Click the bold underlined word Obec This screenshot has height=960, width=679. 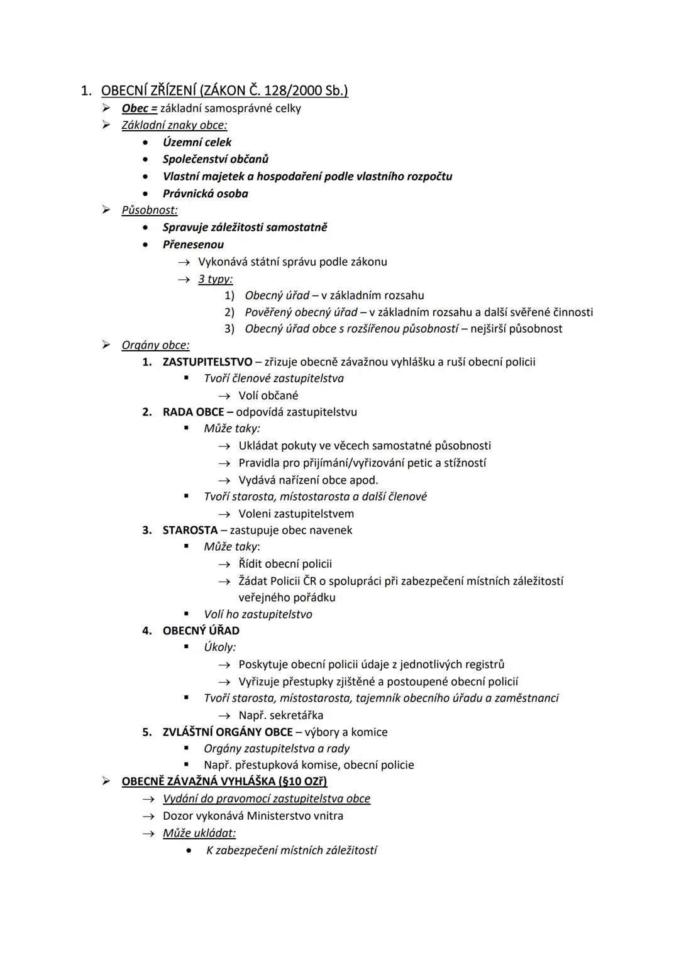(136, 108)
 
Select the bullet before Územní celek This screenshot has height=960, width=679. (146, 142)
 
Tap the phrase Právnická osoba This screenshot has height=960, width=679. (205, 194)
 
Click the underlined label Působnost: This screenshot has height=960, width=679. (150, 210)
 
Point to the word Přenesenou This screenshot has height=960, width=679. (193, 245)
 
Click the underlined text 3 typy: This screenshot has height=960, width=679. (216, 279)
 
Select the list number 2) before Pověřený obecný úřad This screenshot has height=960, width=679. (229, 312)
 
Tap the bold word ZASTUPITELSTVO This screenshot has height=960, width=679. (207, 361)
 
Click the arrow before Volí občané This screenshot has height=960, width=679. (224, 395)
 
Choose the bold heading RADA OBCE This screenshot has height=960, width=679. (193, 412)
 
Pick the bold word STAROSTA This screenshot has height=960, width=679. (190, 530)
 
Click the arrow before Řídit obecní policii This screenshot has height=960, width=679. (224, 564)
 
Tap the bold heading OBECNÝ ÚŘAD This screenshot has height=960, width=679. (201, 631)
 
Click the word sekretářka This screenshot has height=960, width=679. (296, 715)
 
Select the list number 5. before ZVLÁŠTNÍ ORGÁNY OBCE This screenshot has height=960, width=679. (147, 732)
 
